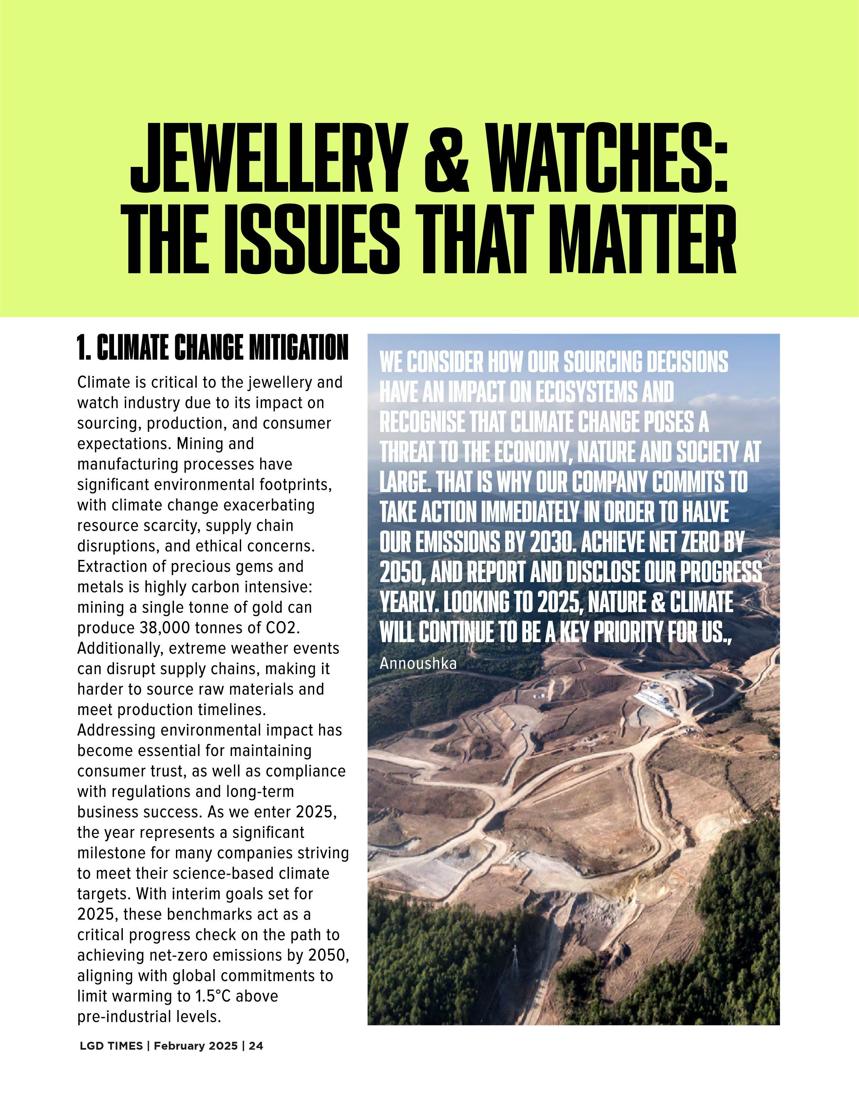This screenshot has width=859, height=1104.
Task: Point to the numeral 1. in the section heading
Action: (84, 348)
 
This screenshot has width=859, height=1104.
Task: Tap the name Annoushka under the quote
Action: (418, 663)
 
